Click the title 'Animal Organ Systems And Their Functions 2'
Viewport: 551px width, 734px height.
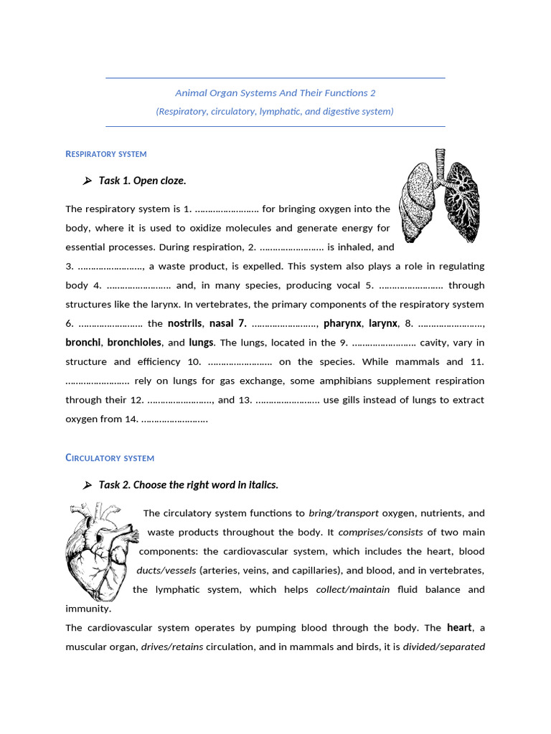275,93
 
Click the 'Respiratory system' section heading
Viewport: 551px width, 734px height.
105,154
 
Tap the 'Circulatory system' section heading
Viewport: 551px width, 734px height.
110,458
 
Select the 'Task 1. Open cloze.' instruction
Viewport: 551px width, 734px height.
142,181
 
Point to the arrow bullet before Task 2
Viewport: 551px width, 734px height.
88,485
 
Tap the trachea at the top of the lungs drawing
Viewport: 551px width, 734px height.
440,162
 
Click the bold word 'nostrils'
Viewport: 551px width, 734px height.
184,324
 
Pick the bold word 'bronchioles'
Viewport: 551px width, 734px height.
134,343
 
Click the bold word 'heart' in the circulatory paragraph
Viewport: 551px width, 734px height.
459,628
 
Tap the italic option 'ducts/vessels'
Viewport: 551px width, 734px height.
166,571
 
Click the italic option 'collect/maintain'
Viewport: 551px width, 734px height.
352,590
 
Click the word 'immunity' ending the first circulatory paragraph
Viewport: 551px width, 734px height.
88,609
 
